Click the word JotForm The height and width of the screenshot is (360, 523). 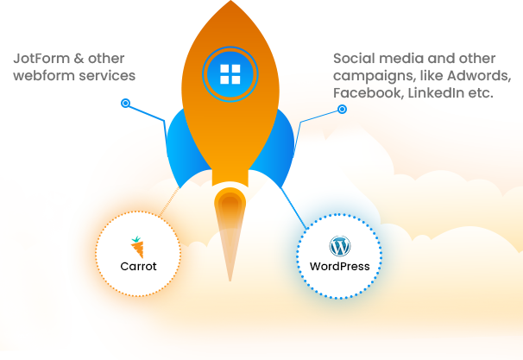tap(41, 59)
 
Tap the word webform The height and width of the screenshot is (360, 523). tap(41, 75)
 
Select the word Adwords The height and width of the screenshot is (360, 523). tap(479, 76)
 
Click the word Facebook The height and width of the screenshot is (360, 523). tap(369, 92)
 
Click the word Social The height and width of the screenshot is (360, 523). tap(354, 59)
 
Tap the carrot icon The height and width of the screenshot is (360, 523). tap(137, 247)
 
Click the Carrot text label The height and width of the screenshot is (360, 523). tap(138, 266)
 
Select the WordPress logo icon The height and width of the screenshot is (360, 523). tap(340, 246)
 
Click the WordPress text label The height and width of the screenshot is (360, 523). tap(340, 266)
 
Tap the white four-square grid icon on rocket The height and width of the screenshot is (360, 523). tap(230, 74)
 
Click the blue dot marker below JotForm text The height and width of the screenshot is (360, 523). tap(125, 103)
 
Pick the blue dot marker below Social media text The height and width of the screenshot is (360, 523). tap(342, 109)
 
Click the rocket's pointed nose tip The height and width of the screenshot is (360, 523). tap(230, 1)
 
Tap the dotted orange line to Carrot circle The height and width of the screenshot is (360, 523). tap(169, 202)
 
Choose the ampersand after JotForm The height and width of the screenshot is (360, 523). tap(79, 59)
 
